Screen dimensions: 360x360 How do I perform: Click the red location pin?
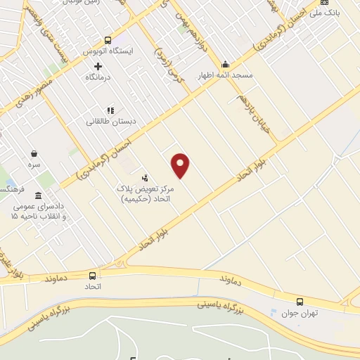(x=181, y=165)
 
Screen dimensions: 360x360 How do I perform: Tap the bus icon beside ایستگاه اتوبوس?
(x=108, y=41)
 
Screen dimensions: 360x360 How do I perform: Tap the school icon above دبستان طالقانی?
(x=110, y=110)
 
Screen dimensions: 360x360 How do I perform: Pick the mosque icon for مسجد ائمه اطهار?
(x=225, y=63)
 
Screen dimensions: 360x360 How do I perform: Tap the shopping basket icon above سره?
(x=34, y=153)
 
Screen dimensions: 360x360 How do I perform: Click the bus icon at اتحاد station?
(x=93, y=275)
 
